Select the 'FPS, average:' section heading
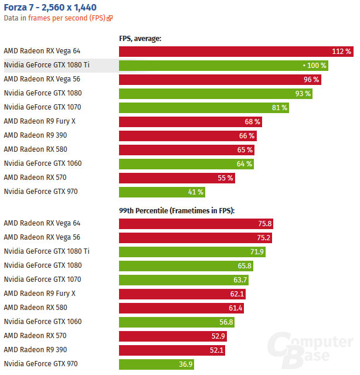tap(140, 39)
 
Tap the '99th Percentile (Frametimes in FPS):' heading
tap(176, 210)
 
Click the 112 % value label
tap(341, 52)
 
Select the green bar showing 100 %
tap(223, 65)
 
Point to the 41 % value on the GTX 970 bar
tap(196, 192)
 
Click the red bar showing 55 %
tap(176, 178)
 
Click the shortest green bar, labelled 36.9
tap(156, 364)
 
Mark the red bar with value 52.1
tap(172, 350)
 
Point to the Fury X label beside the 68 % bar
tap(40, 121)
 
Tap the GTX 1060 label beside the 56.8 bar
tap(42, 322)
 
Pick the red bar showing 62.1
tap(182, 294)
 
